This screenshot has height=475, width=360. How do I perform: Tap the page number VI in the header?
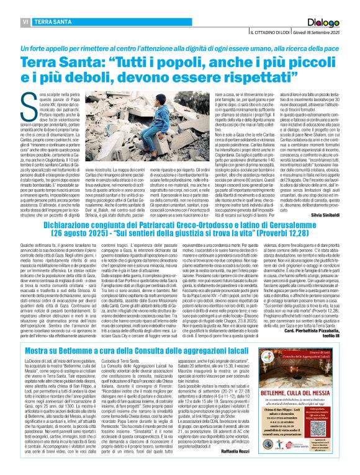click(x=9, y=22)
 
